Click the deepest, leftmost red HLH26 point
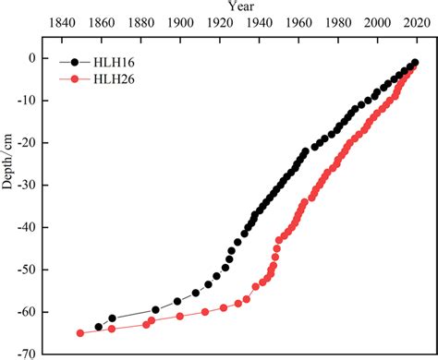80,333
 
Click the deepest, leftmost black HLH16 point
99,327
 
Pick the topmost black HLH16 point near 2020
415,63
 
